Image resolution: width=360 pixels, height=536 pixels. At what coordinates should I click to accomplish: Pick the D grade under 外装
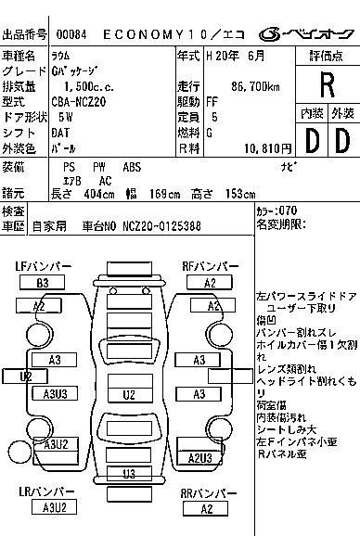tap(341, 141)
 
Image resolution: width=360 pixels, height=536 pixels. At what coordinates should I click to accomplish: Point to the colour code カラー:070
tap(276, 211)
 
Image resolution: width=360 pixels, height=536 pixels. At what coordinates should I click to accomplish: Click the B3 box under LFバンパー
tap(43, 282)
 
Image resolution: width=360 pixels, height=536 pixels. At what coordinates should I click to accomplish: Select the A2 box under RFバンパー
tap(210, 282)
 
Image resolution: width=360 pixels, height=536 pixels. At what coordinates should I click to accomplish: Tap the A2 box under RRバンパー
tap(210, 507)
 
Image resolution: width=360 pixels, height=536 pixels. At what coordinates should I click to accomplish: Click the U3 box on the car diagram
tap(130, 475)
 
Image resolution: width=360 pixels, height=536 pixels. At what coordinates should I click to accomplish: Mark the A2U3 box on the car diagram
tap(200, 457)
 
